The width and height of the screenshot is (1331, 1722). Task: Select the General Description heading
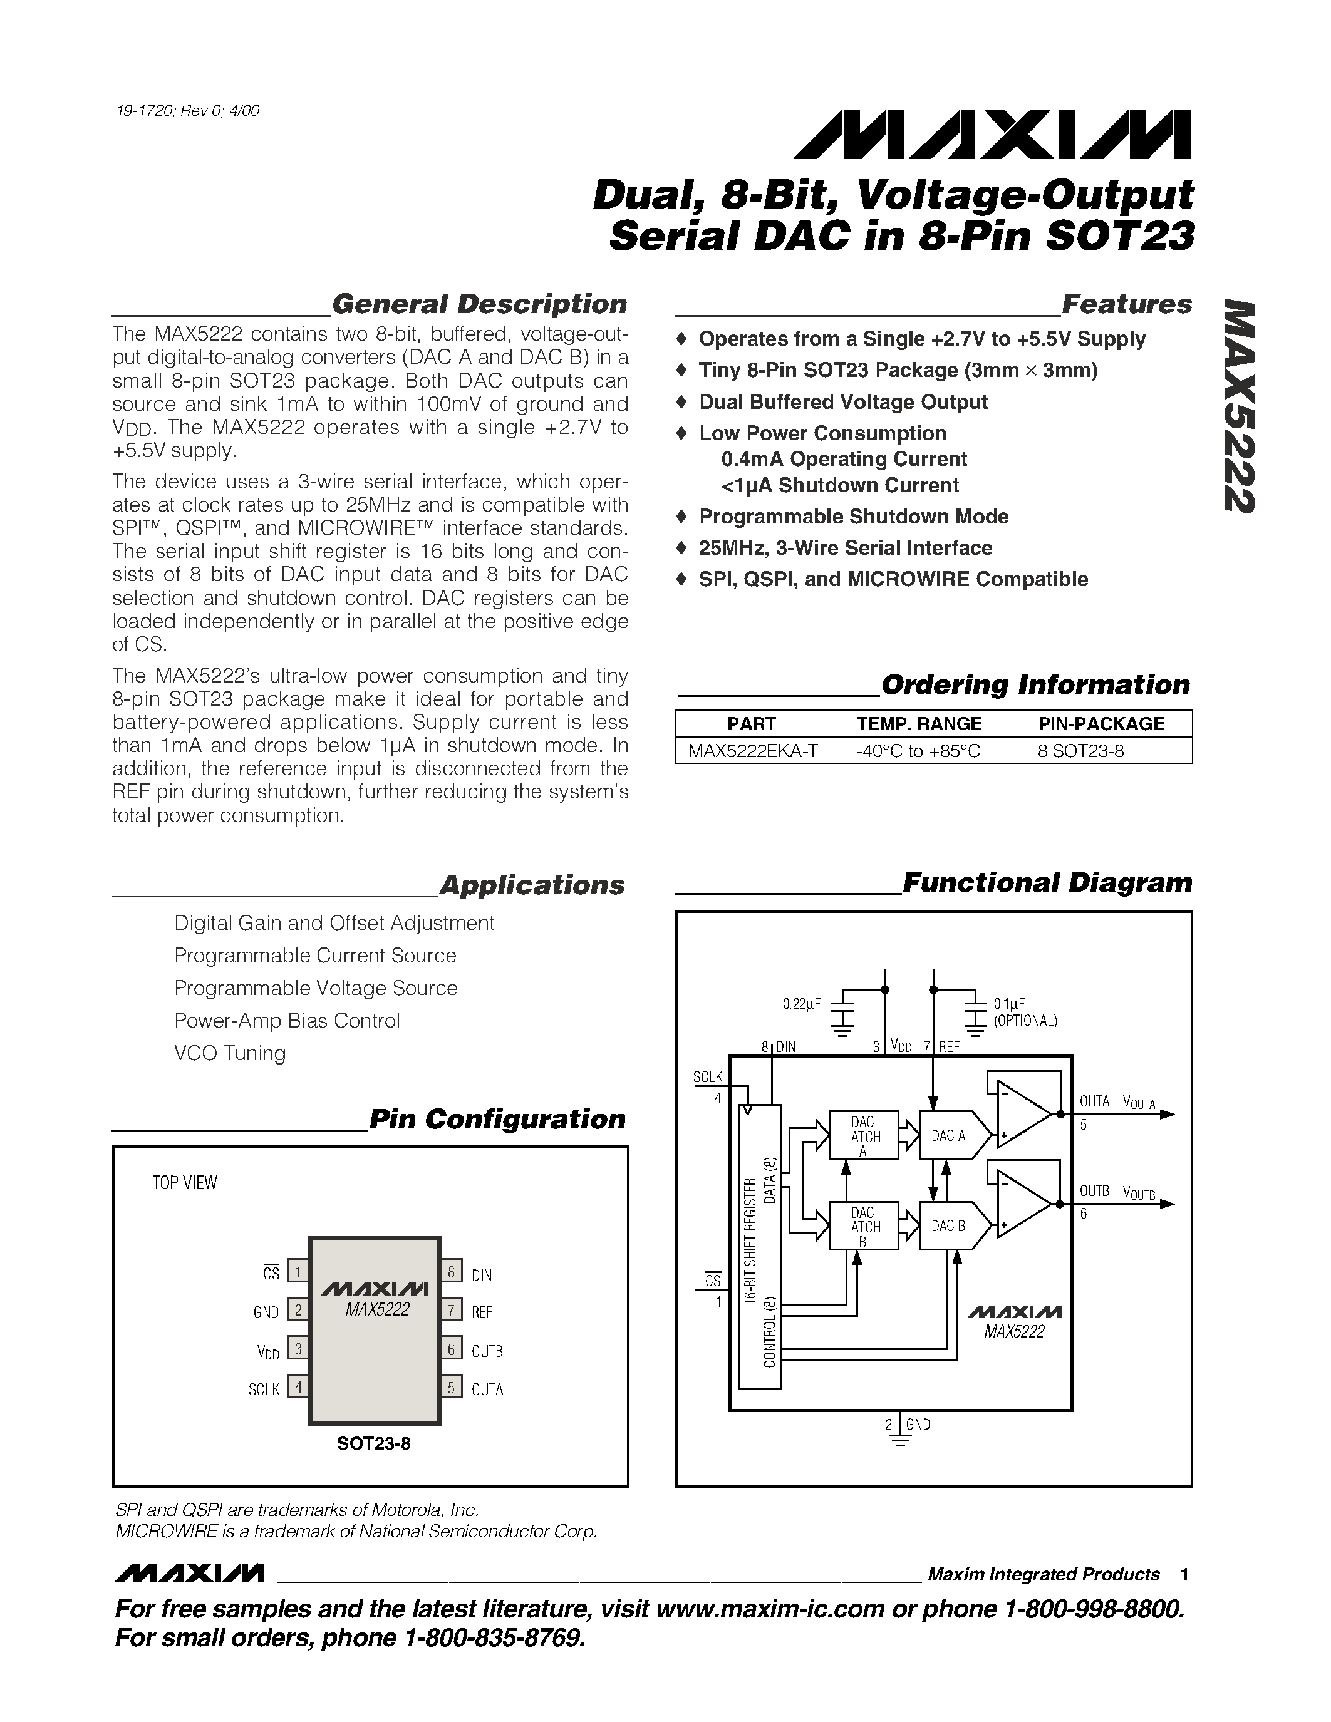479,304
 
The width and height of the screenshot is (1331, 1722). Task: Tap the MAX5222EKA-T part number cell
752,751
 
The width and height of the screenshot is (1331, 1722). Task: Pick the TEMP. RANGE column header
919,724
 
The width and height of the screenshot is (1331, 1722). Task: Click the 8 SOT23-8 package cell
1080,751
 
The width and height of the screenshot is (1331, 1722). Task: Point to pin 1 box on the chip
298,1271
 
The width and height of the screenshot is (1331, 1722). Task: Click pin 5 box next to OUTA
451,1387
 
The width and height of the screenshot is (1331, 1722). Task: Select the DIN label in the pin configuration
481,1275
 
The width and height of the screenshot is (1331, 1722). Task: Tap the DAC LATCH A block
862,1136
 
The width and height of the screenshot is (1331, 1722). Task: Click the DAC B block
948,1226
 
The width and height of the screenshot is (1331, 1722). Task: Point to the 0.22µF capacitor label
801,1004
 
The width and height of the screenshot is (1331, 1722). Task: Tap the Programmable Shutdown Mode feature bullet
853,517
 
